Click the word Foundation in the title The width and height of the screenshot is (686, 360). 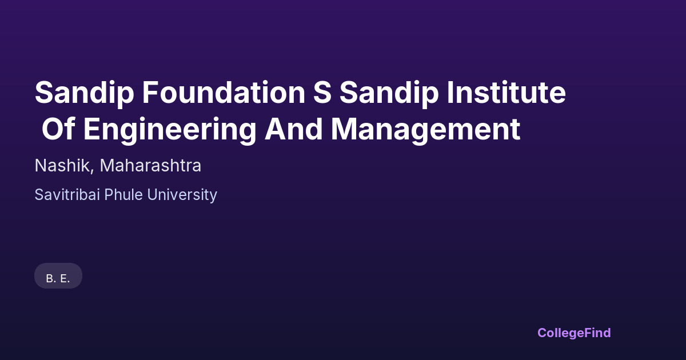[224, 93]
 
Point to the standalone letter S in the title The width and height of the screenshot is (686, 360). [322, 93]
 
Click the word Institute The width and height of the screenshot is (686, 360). [506, 93]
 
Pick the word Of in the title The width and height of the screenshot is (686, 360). [58, 129]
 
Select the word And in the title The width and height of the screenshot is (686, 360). [293, 129]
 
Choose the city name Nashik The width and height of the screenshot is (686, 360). [62, 166]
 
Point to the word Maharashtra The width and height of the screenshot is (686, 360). [150, 166]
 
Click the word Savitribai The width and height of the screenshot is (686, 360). [67, 195]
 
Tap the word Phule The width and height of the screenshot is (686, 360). [123, 195]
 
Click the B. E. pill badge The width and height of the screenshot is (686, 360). [58, 276]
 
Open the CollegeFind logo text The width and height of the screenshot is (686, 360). [574, 333]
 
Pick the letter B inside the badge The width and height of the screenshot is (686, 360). [50, 279]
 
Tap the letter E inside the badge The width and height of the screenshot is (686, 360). [63, 279]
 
